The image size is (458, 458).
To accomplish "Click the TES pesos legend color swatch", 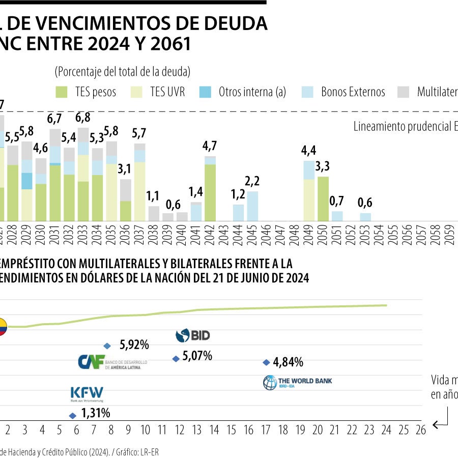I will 62,92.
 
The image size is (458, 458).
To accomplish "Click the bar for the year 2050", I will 323,198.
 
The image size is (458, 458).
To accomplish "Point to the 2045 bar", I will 252,206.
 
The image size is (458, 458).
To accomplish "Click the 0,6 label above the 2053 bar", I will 365,203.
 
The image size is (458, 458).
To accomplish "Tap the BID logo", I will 192,335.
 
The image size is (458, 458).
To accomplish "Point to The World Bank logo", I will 297,382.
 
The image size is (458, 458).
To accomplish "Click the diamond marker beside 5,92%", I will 107,346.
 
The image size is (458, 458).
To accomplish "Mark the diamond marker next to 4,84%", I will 266,362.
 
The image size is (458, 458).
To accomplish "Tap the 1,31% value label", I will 96,413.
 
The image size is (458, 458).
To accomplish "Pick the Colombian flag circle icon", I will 2,327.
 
